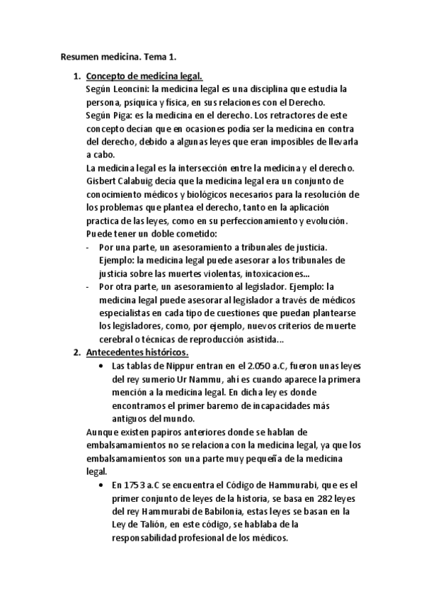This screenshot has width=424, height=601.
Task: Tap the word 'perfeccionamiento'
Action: tap(258, 220)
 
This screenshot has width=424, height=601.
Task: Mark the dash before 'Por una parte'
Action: tap(87, 247)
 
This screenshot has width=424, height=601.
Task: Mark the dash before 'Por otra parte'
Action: tap(87, 286)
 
